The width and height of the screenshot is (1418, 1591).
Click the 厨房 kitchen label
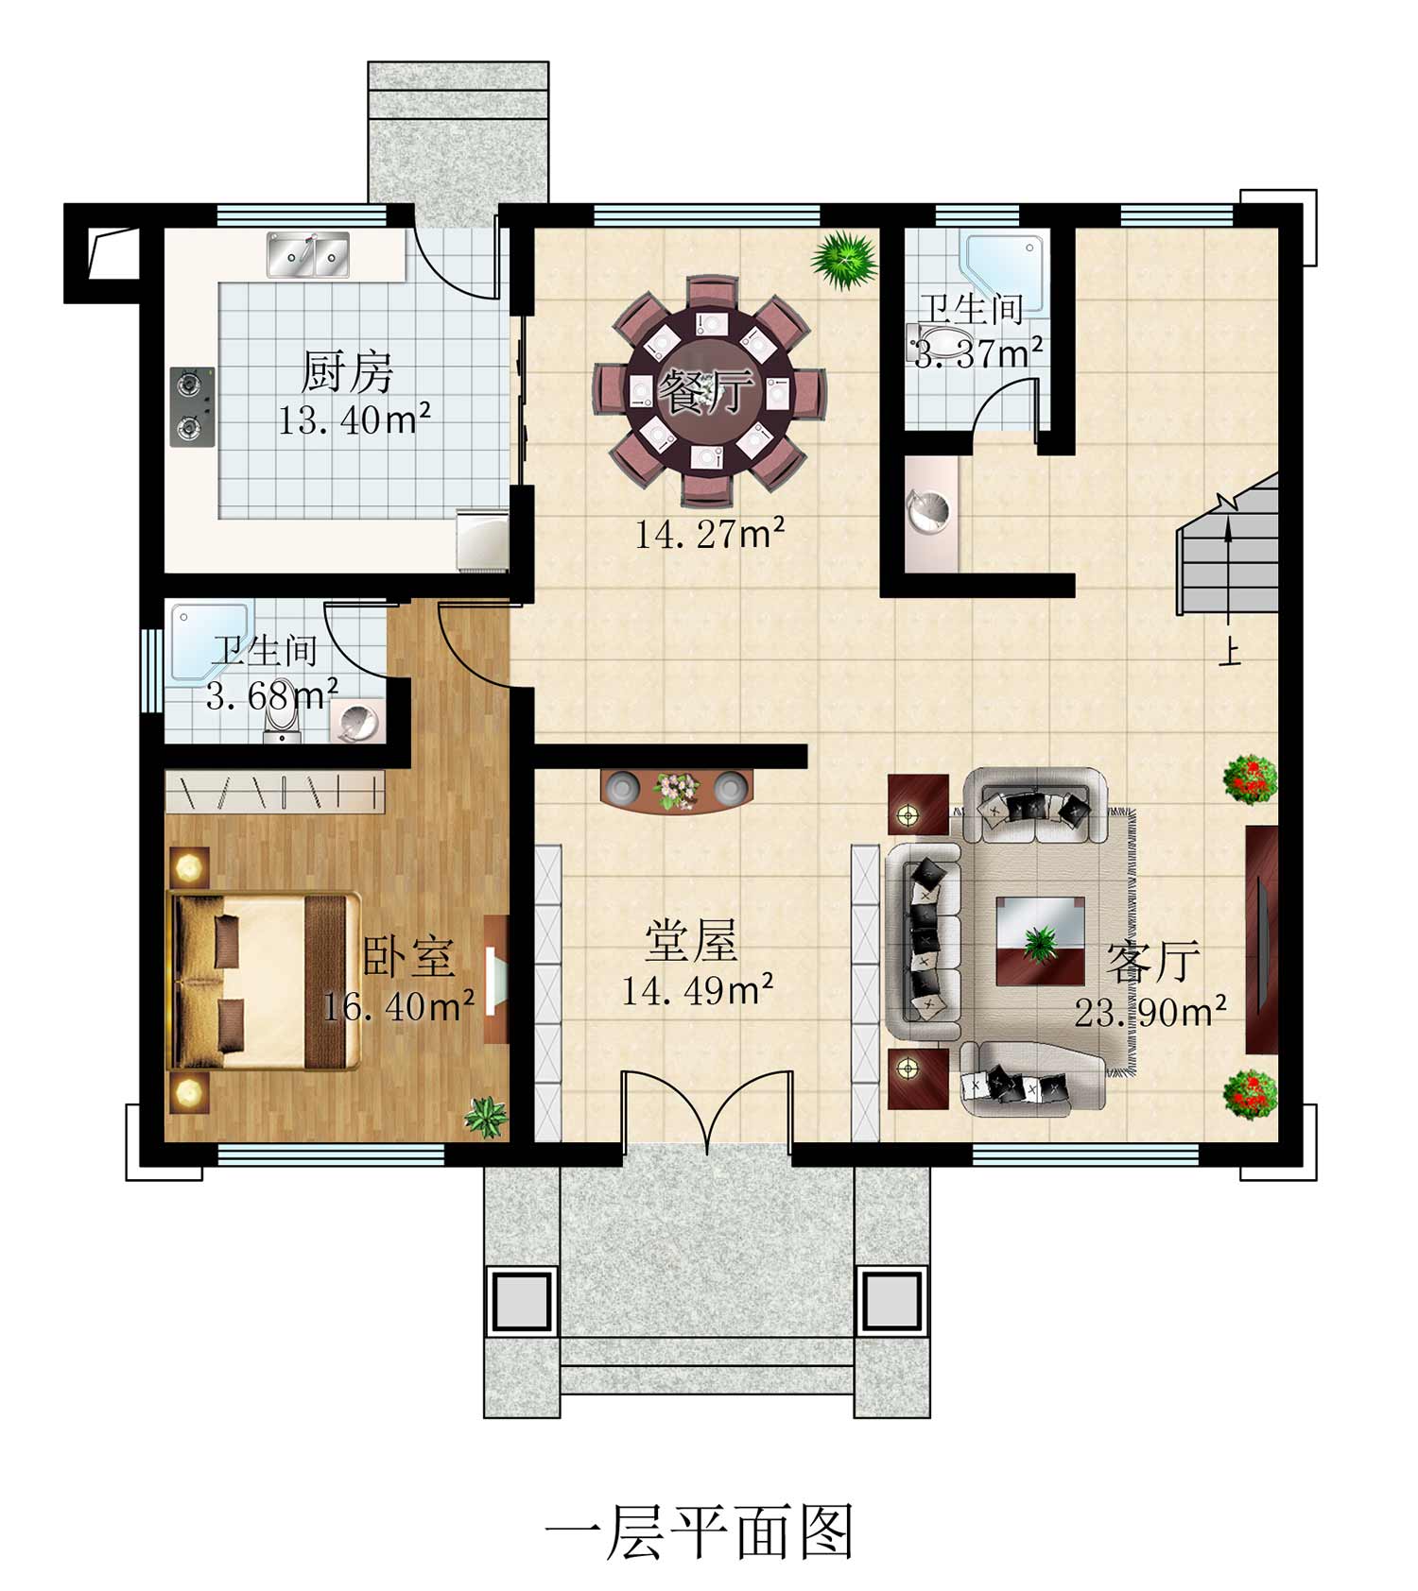pos(346,371)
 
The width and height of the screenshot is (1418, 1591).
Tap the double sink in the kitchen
pos(307,255)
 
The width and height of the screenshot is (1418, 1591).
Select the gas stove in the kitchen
pos(193,406)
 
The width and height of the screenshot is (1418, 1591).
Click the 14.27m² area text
pos(709,535)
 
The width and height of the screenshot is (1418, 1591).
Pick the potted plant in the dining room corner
pos(843,260)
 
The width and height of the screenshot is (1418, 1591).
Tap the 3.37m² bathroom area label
pos(978,353)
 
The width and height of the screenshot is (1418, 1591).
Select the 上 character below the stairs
pos(1229,654)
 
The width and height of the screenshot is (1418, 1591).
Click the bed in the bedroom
pos(264,981)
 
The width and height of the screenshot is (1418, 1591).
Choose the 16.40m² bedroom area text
pos(398,1007)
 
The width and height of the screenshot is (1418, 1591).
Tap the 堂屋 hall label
pos(691,941)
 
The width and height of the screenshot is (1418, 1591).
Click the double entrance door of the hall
pos(707,1110)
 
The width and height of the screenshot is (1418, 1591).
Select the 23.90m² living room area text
pos(1150,1013)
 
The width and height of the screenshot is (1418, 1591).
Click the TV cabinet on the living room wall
pos(1261,940)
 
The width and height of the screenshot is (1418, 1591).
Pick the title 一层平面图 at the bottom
pos(700,1531)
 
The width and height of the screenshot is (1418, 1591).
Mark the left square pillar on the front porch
pos(519,1301)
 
